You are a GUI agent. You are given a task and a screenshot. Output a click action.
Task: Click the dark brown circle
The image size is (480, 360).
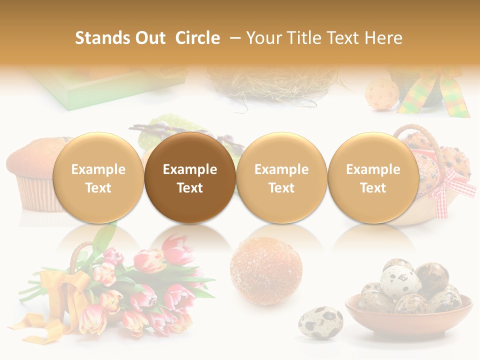tap(190, 177)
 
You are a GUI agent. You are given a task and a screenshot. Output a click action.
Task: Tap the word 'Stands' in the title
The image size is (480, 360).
tap(101, 38)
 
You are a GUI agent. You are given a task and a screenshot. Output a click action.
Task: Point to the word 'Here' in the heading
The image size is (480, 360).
tap(383, 38)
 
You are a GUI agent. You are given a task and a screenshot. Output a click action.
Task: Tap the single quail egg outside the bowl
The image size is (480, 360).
tap(320, 323)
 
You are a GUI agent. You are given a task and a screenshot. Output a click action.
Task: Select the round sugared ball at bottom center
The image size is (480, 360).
tap(266, 270)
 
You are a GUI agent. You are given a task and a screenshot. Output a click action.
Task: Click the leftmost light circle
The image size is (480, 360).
tap(98, 177)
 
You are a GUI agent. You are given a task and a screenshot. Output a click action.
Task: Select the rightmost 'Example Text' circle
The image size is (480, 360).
tap(373, 177)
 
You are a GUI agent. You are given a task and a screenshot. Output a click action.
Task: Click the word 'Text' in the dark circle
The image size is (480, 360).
tap(190, 188)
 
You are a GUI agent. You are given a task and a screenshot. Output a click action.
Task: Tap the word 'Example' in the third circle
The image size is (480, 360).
tap(281, 169)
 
